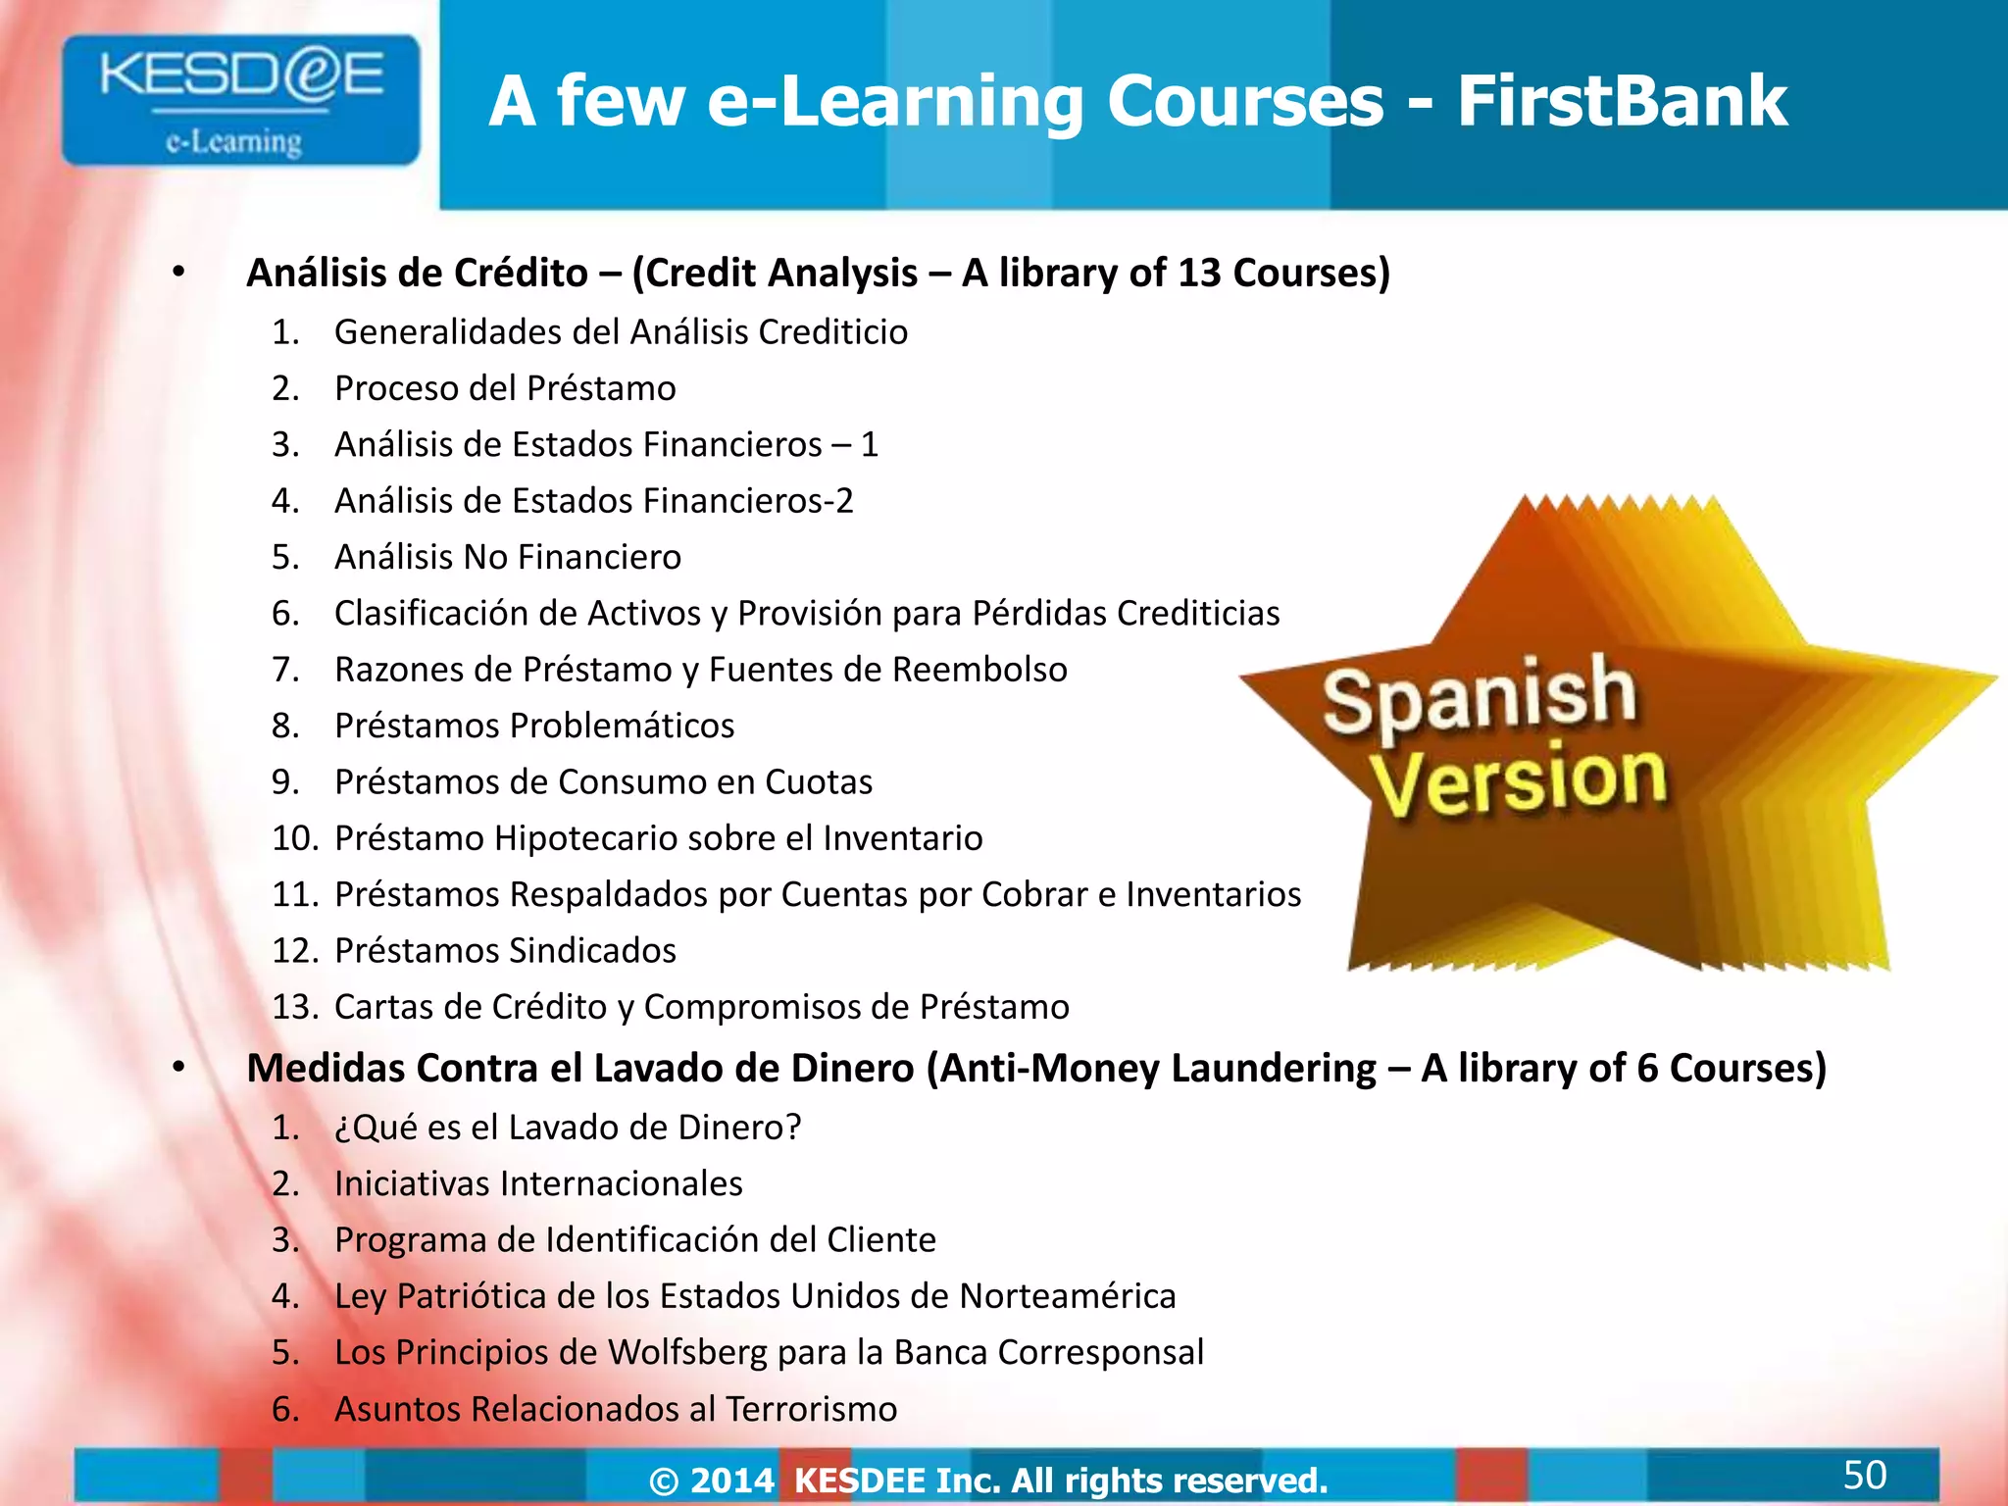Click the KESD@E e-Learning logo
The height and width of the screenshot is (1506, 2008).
coord(240,100)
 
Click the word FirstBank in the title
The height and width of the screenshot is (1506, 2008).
coord(1622,101)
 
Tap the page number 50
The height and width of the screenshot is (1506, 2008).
coord(1864,1475)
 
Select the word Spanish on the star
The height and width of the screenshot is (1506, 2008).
coord(1480,695)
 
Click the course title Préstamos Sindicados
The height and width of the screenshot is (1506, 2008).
coord(505,950)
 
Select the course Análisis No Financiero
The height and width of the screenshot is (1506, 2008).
coord(507,557)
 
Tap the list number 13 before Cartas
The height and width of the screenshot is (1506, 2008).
coord(294,1007)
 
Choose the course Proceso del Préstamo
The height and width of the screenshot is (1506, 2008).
coord(505,388)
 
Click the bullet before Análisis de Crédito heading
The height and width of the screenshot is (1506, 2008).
coord(178,273)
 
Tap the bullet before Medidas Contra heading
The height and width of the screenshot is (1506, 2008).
coord(178,1068)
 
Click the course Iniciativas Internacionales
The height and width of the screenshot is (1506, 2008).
coord(538,1183)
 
